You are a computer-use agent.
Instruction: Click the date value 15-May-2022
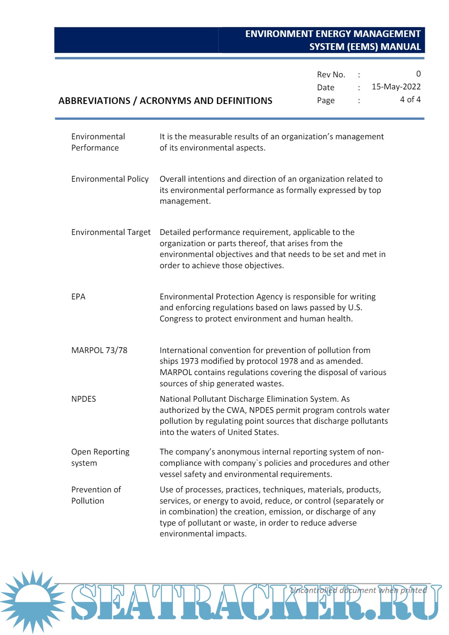click(x=396, y=87)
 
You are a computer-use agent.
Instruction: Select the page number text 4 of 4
click(x=410, y=100)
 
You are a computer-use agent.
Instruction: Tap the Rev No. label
click(x=331, y=75)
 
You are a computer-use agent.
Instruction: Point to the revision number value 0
click(x=418, y=74)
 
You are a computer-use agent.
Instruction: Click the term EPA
click(x=78, y=297)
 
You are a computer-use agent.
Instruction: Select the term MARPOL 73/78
click(x=99, y=351)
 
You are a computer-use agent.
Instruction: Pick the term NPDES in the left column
click(x=84, y=399)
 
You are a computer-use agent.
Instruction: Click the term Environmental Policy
click(x=110, y=179)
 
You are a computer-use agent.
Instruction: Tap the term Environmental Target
click(x=111, y=232)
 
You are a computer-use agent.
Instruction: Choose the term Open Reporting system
click(x=100, y=457)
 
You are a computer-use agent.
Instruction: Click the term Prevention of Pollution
click(x=96, y=495)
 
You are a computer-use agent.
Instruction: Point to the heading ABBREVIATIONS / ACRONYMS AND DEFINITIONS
click(x=165, y=101)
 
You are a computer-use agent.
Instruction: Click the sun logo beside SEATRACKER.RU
click(x=32, y=601)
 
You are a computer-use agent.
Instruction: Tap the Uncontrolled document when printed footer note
click(x=358, y=590)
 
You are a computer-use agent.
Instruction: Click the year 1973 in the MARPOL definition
click(x=190, y=361)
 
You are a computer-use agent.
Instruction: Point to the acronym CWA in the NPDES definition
click(x=236, y=410)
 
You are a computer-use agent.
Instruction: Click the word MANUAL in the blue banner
click(x=400, y=47)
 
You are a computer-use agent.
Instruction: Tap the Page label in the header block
click(x=326, y=101)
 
